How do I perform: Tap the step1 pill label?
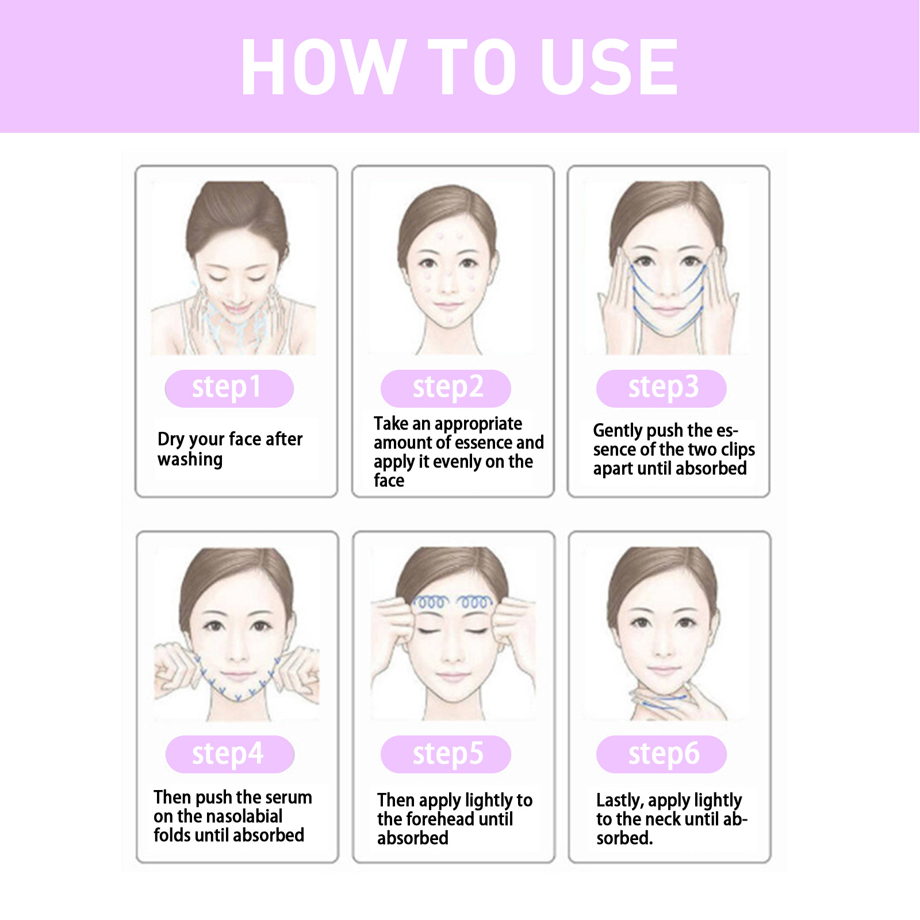tap(229, 388)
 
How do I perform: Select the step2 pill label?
tap(446, 388)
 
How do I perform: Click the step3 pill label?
tap(661, 388)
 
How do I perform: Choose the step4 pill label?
tap(229, 754)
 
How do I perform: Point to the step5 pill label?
tap(446, 754)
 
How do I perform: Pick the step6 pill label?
tap(661, 754)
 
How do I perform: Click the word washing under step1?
tap(190, 460)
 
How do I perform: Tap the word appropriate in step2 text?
tap(479, 424)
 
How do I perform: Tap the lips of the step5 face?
tap(453, 676)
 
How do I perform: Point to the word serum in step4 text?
tap(287, 798)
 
